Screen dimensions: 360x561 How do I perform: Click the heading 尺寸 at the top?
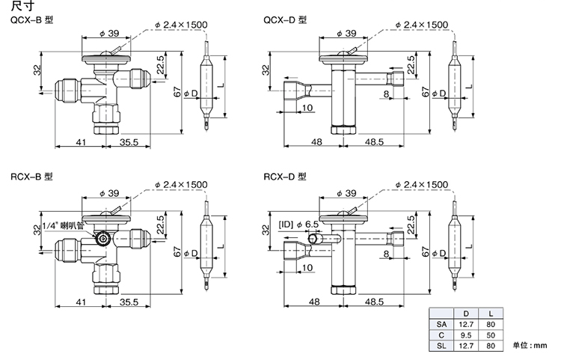tap(17, 7)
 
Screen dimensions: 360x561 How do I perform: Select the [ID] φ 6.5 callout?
tap(299, 224)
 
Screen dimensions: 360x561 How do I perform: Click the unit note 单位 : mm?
tap(531, 346)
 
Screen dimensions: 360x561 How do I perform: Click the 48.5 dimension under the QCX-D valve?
tap(375, 142)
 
